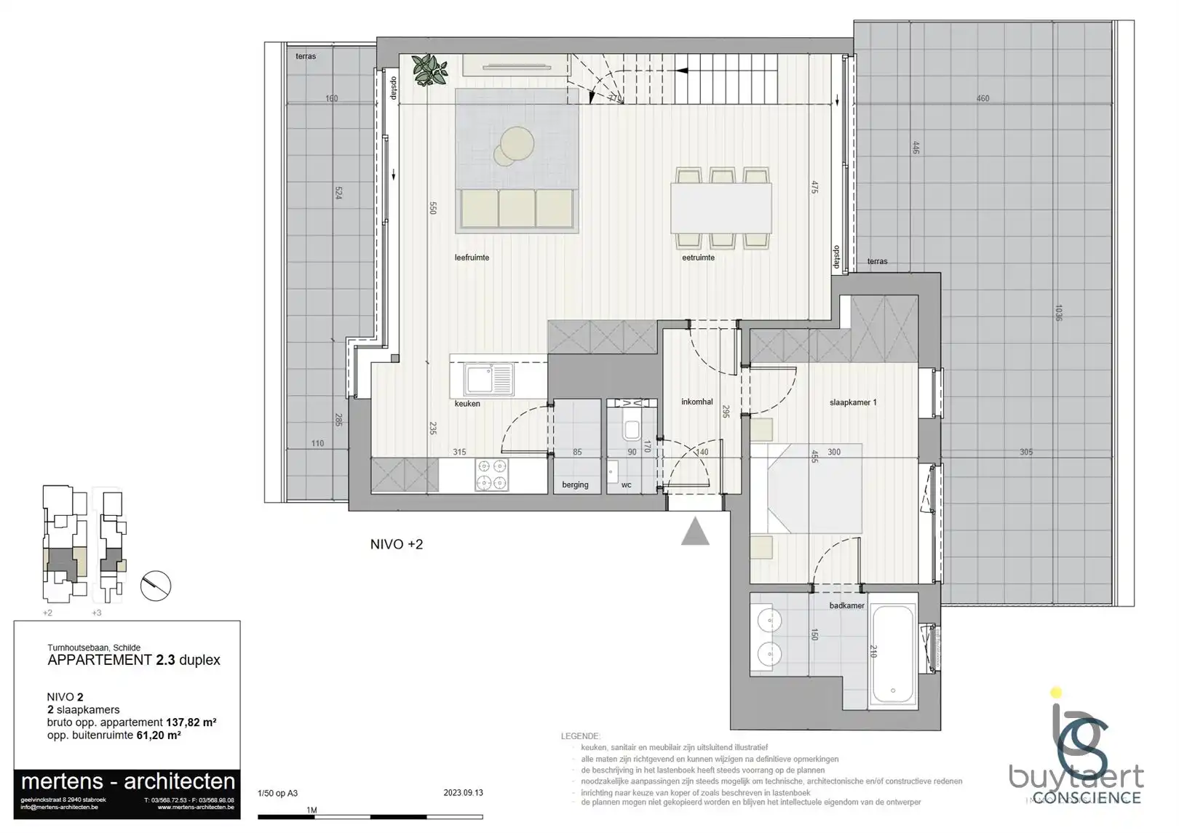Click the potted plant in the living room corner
430,70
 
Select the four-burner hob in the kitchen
492,474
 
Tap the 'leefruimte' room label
472,258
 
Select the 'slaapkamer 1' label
853,402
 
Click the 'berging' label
575,485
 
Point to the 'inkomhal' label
696,402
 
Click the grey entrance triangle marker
695,533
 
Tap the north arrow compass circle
155,585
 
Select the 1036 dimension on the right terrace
1058,313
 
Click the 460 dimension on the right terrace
982,98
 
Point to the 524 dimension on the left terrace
338,193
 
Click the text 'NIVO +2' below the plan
397,544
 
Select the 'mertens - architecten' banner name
128,781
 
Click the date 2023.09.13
463,793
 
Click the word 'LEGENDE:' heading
581,736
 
